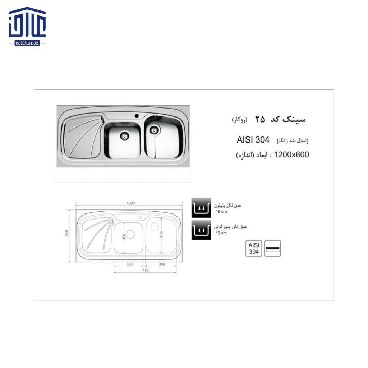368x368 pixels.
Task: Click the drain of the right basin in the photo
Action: point(155,128)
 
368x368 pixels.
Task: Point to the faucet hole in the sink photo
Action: point(137,116)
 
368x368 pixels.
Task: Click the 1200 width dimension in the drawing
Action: point(130,203)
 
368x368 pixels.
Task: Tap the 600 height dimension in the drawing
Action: point(67,233)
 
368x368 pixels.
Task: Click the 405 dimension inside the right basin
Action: point(162,234)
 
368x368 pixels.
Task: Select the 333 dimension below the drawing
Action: point(129,264)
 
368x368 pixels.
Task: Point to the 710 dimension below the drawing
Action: point(145,271)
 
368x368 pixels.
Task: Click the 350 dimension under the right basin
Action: point(161,264)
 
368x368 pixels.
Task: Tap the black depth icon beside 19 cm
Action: point(201,208)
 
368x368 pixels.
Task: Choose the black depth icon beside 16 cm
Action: point(201,230)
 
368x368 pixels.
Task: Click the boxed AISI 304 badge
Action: point(254,248)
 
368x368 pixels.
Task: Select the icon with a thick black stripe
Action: point(273,248)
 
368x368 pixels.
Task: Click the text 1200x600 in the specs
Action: point(291,155)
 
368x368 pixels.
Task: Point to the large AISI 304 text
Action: point(253,140)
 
